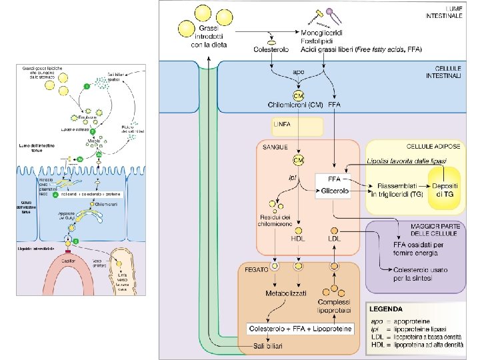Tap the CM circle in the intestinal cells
point(299,96)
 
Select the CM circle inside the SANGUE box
point(299,160)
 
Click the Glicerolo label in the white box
point(335,191)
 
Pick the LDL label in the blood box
point(334,239)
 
